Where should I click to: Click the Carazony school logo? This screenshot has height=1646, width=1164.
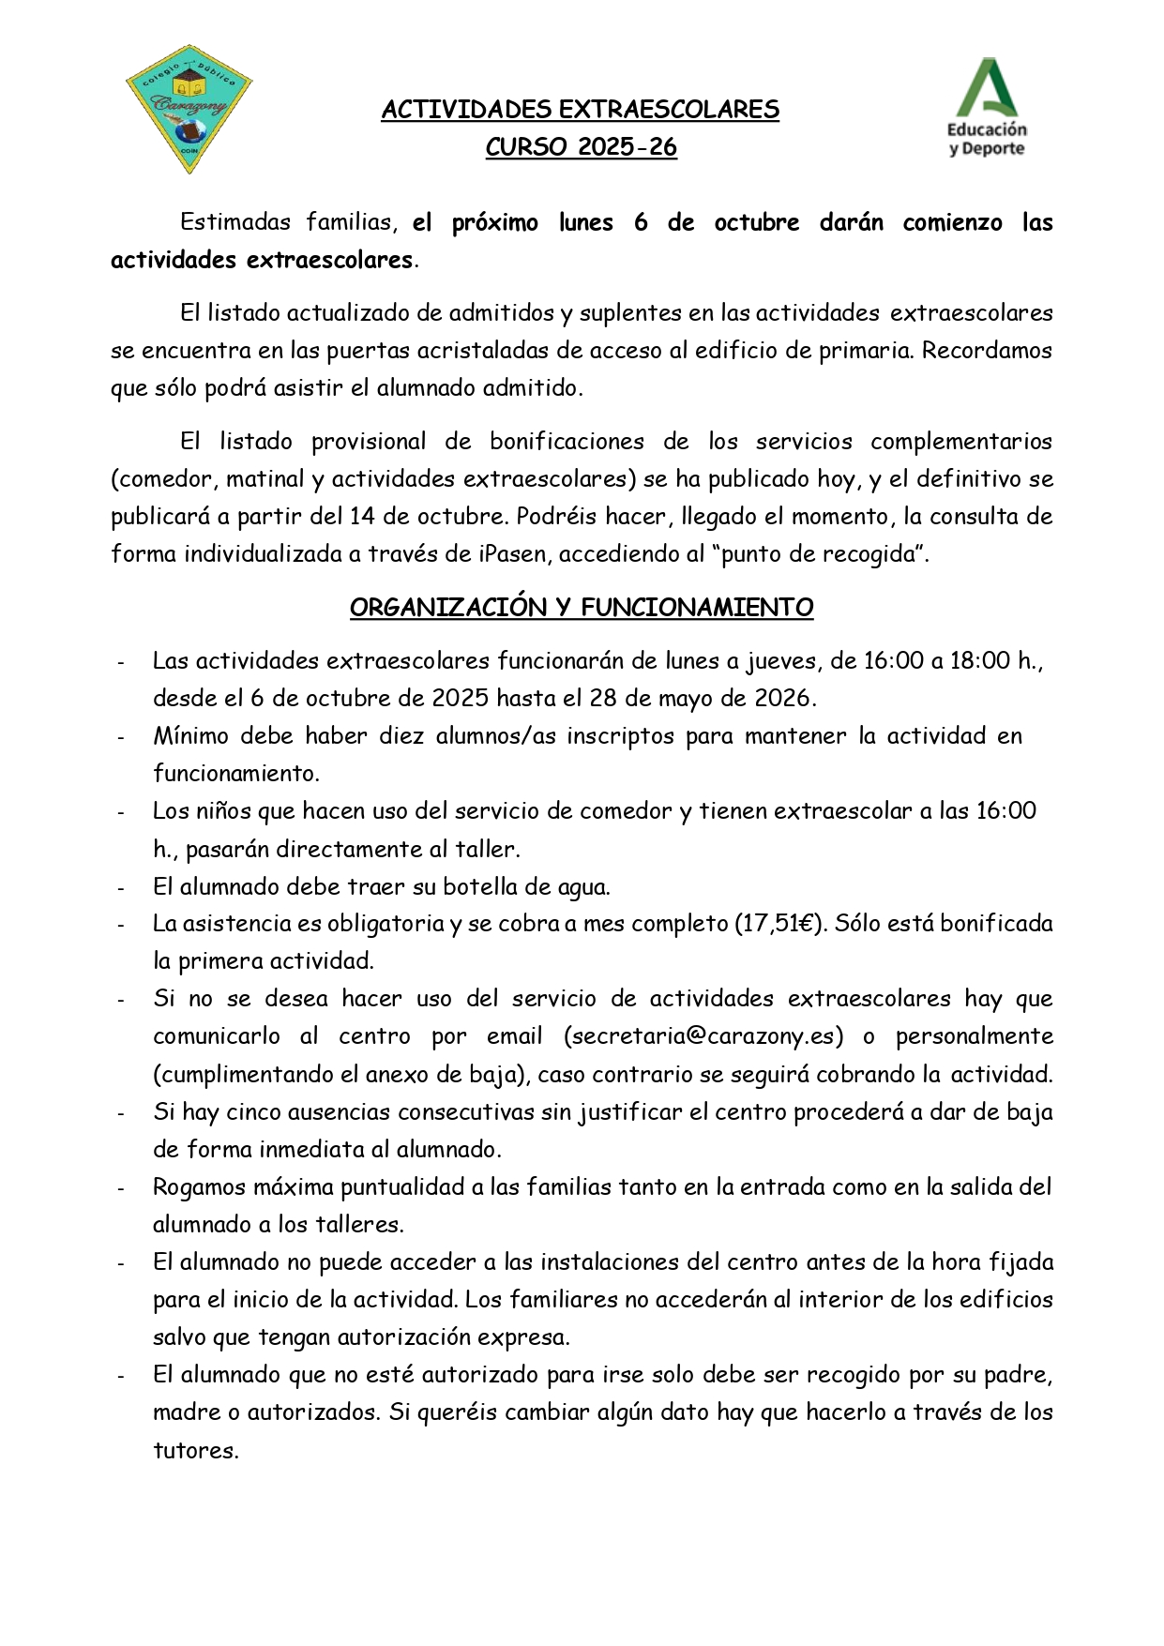[189, 110]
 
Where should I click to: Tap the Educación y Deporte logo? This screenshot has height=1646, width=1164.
[987, 108]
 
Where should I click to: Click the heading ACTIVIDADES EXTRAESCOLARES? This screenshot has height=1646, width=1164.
[580, 110]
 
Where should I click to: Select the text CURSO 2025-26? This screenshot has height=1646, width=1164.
[581, 147]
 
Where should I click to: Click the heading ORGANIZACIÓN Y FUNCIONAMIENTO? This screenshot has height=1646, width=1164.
[581, 608]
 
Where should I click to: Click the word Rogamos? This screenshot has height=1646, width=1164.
[197, 1187]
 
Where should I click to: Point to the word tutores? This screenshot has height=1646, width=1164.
[195, 1451]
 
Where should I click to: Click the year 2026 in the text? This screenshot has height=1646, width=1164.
[783, 699]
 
